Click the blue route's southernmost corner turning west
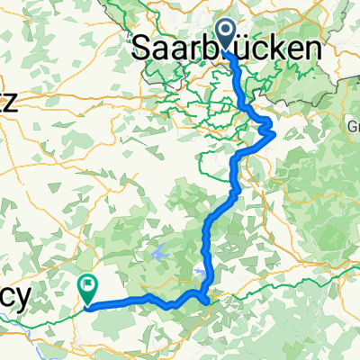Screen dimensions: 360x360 click(x=208, y=302)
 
